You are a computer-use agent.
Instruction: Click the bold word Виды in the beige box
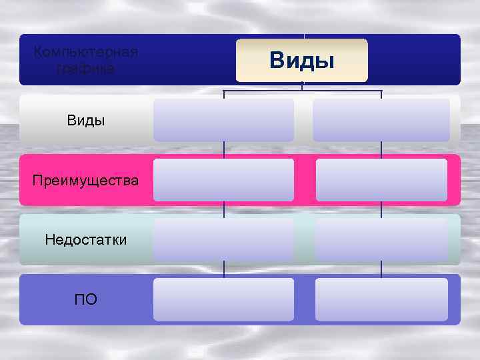click(x=301, y=61)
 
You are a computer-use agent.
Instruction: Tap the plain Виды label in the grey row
click(x=85, y=121)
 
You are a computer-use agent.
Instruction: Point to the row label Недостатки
click(x=85, y=239)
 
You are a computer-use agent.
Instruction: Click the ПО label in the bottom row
click(x=85, y=299)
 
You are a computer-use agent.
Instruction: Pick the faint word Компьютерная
click(x=85, y=52)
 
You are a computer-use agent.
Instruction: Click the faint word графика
click(x=85, y=68)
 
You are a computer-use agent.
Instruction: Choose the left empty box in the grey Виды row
click(x=223, y=119)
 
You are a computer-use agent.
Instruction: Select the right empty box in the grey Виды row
click(x=381, y=119)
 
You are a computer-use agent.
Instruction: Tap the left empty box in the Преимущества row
click(x=223, y=179)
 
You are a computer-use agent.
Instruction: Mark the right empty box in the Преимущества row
click(x=381, y=179)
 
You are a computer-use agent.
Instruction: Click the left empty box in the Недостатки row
click(x=223, y=239)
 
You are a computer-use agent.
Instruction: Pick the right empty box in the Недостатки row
click(x=381, y=239)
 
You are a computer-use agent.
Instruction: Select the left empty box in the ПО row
click(x=223, y=299)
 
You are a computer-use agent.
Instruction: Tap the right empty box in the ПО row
click(x=381, y=299)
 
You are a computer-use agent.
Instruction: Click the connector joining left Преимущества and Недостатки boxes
click(x=224, y=209)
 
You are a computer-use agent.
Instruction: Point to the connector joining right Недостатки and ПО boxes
click(x=381, y=269)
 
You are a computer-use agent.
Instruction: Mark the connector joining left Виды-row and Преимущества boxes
click(x=224, y=149)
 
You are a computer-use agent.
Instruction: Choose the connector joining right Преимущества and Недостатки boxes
click(x=381, y=209)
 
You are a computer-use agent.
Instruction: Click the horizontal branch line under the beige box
click(x=267, y=90)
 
